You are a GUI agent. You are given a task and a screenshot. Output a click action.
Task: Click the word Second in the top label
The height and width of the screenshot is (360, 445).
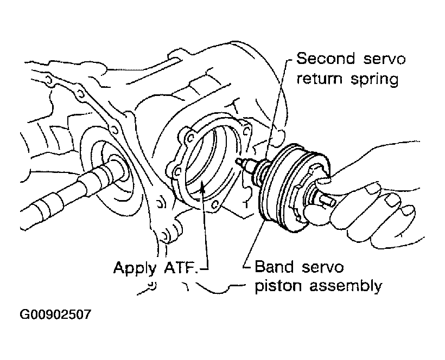click(322, 59)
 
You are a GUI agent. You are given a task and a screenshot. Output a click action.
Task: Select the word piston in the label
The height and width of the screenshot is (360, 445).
click(277, 286)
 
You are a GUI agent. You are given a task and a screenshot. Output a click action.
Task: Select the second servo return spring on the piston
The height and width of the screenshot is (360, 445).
click(260, 172)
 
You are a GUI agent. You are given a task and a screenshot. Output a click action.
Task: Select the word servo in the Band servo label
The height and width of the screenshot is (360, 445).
click(323, 267)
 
